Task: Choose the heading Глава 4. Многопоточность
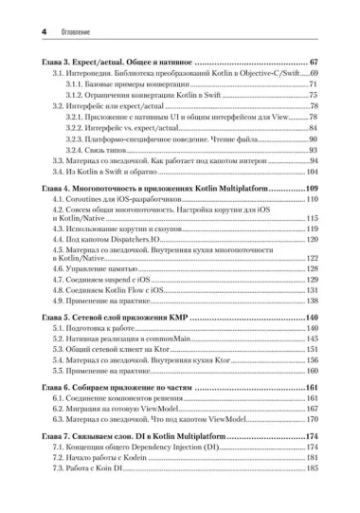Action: (161, 191)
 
